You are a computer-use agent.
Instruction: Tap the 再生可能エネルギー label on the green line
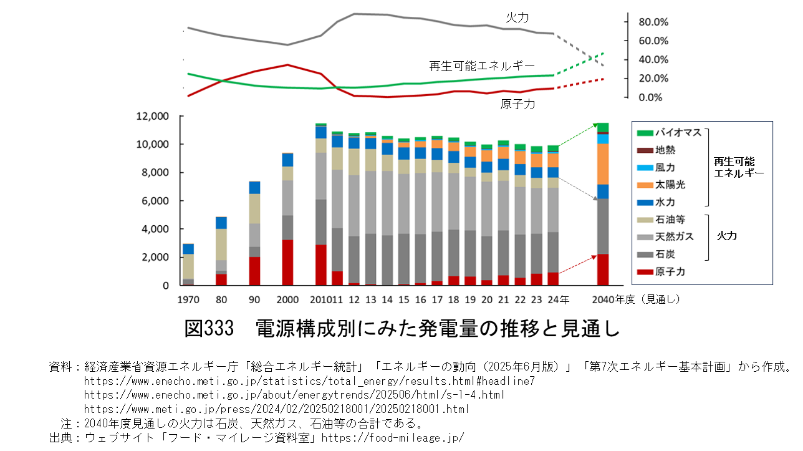(482, 65)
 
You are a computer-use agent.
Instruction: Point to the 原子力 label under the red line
(517, 105)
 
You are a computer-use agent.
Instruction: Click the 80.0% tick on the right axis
(653, 22)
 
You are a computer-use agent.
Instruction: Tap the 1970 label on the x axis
(188, 299)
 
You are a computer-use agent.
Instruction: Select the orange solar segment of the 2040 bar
(603, 163)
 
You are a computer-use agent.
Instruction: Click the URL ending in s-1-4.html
(294, 395)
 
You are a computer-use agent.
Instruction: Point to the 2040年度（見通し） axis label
(635, 299)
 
